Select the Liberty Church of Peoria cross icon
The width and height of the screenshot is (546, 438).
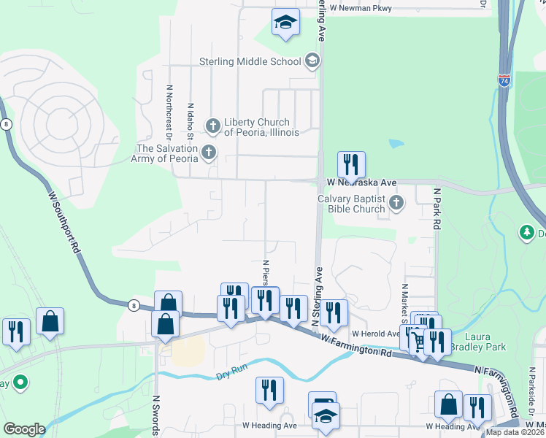213,126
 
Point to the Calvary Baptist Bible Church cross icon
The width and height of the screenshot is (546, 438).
396,203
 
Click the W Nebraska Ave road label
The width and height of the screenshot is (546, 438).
361,182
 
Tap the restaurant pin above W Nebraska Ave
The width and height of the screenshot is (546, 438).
351,166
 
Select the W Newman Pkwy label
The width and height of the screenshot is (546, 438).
361,8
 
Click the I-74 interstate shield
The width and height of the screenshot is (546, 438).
504,80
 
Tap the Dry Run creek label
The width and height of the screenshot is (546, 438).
232,375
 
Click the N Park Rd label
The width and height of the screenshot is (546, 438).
437,210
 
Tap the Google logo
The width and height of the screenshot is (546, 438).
24,429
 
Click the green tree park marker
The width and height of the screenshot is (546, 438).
527,233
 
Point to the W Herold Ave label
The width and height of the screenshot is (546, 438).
376,333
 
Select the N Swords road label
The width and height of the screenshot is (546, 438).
155,416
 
